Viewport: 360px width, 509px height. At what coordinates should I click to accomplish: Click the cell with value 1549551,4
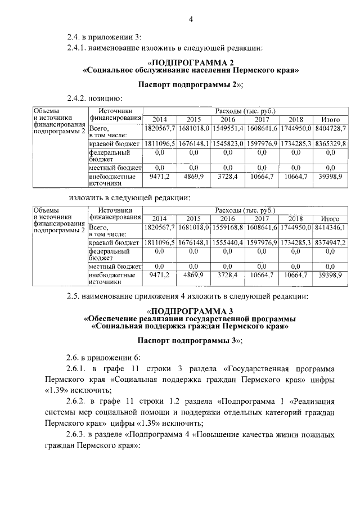click(x=228, y=129)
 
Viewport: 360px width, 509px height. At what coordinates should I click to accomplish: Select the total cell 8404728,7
click(x=330, y=129)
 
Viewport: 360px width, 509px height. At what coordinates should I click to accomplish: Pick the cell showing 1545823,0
click(x=228, y=144)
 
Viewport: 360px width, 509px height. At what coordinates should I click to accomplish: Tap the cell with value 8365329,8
click(x=330, y=144)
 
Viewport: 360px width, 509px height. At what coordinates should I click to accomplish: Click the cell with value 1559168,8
click(x=228, y=227)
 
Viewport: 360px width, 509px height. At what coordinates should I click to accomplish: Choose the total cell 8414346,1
click(x=330, y=227)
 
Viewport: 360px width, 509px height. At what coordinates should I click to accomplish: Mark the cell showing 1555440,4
click(x=228, y=242)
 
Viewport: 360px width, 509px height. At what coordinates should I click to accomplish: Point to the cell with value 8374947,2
click(x=330, y=242)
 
